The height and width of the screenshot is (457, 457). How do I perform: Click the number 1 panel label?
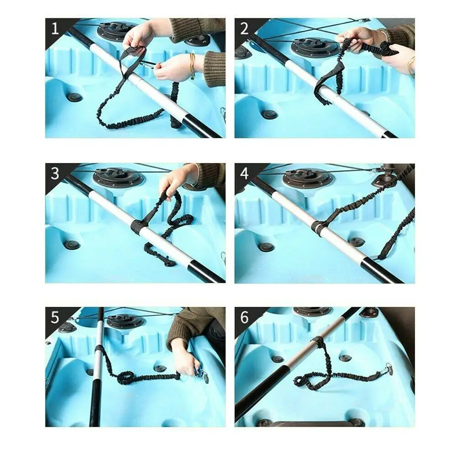[55, 30]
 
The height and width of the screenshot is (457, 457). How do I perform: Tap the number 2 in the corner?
[244, 30]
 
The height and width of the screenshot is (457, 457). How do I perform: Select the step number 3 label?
[55, 174]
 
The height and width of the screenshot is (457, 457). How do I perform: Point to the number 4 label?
[244, 174]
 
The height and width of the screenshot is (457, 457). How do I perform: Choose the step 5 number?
[55, 318]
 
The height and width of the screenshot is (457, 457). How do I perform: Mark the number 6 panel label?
[244, 318]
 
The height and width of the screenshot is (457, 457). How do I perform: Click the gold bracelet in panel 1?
[192, 64]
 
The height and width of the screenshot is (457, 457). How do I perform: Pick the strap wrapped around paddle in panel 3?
[138, 226]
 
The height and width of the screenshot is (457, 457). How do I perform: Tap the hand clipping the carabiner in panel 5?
[185, 358]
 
